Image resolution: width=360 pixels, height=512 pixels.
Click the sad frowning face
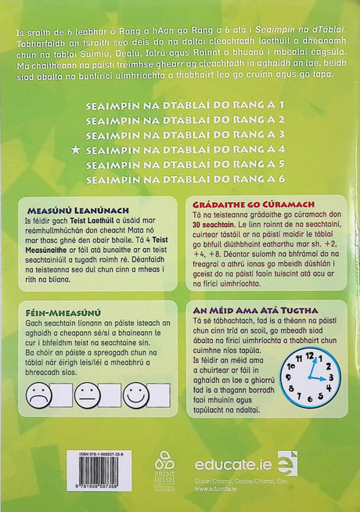point(35,394)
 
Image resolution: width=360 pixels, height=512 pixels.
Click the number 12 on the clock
point(308,355)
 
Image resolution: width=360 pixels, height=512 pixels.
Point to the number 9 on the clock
point(288,377)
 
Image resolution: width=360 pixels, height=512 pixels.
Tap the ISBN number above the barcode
point(65,453)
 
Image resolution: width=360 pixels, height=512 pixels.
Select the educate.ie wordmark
point(232,464)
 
